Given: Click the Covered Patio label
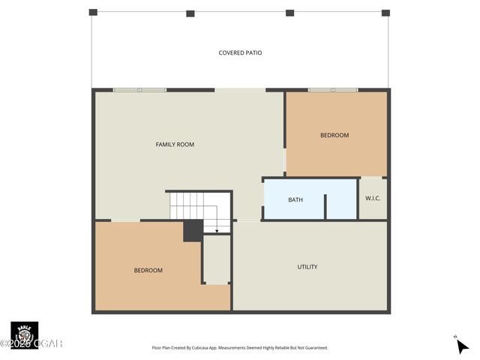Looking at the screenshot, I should (x=240, y=53).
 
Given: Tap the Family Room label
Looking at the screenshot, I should (x=175, y=144).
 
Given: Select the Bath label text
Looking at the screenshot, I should (x=295, y=199).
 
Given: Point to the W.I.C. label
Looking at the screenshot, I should (x=373, y=199).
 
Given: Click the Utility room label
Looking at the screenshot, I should (x=307, y=267).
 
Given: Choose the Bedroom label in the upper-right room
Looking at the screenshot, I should (x=334, y=135).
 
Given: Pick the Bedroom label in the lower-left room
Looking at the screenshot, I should (x=148, y=270).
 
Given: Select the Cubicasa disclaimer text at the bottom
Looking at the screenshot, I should (x=240, y=348).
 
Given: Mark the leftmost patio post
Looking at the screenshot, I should (x=93, y=13).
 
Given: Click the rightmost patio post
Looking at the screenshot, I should (x=385, y=13).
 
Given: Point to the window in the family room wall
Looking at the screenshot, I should (x=139, y=90).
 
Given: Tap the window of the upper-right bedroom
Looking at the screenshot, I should (x=333, y=90).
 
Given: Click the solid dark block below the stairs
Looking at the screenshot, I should (x=193, y=230).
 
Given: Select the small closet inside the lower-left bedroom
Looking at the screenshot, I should (x=217, y=259).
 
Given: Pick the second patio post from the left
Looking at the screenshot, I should (x=190, y=13).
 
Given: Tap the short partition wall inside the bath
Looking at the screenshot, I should (x=325, y=206).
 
